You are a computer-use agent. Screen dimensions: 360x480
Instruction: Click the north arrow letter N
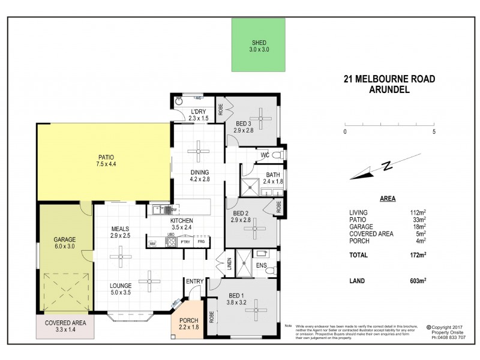[388, 164]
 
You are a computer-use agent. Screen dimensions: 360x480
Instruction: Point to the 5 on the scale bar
[434, 131]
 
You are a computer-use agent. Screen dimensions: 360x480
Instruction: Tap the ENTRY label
[194, 281]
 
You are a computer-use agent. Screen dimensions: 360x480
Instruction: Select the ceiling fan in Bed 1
[258, 310]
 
